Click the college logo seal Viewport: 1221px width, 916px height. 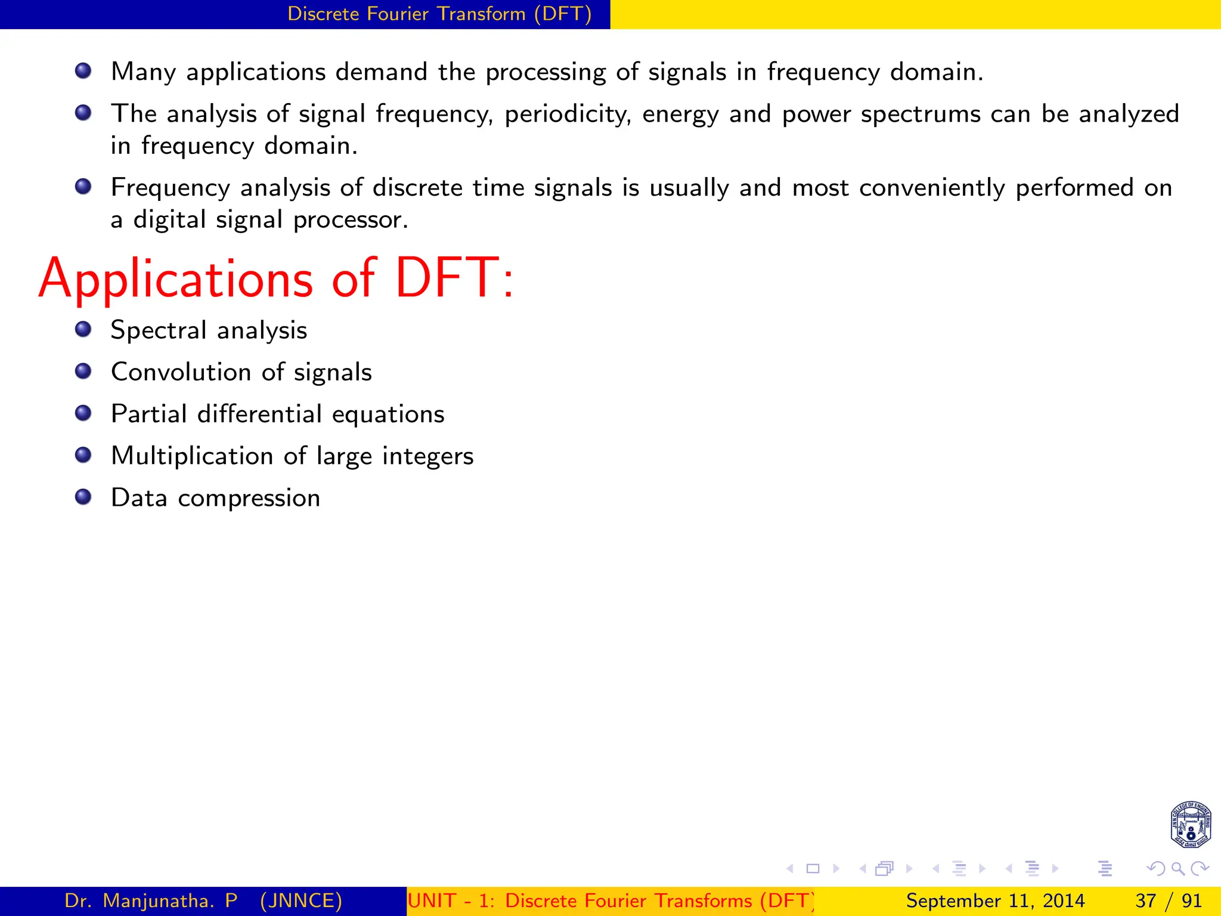[x=1190, y=825]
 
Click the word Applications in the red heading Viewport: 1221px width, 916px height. [x=176, y=279]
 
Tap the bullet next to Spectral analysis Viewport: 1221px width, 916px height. [x=83, y=330]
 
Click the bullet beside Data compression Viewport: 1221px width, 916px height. [x=83, y=497]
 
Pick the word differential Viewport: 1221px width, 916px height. [x=259, y=414]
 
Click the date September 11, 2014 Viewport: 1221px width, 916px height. [x=995, y=900]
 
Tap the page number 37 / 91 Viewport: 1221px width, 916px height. [x=1169, y=900]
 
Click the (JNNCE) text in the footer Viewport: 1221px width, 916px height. [x=301, y=900]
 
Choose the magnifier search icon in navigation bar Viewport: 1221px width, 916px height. [x=1177, y=868]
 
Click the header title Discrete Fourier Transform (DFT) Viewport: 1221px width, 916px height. [x=439, y=14]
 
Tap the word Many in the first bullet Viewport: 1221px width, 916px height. [x=143, y=72]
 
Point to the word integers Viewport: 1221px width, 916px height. [x=427, y=456]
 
